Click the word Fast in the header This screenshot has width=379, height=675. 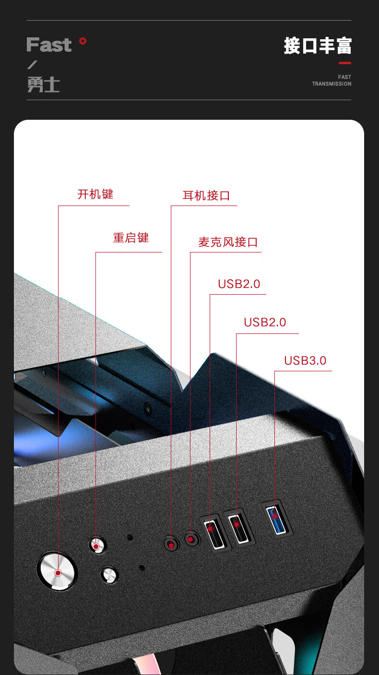[x=49, y=45]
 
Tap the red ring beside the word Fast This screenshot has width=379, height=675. [x=83, y=41]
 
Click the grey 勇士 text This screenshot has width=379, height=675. [x=44, y=84]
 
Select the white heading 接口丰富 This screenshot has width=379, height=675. [x=318, y=46]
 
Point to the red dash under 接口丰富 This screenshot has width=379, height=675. [x=345, y=63]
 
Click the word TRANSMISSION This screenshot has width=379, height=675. [x=332, y=84]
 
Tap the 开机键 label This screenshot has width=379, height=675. [x=95, y=194]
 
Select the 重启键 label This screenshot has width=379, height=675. [x=131, y=238]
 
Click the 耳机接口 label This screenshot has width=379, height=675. [x=206, y=195]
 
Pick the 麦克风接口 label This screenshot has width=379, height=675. [x=228, y=242]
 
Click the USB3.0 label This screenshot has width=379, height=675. [x=306, y=360]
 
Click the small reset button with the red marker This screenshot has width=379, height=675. [x=97, y=545]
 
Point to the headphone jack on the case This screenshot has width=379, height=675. [x=171, y=544]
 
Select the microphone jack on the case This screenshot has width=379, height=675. [x=191, y=539]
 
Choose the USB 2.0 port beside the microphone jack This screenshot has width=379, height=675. [x=214, y=532]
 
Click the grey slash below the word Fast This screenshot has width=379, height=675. [x=32, y=65]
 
